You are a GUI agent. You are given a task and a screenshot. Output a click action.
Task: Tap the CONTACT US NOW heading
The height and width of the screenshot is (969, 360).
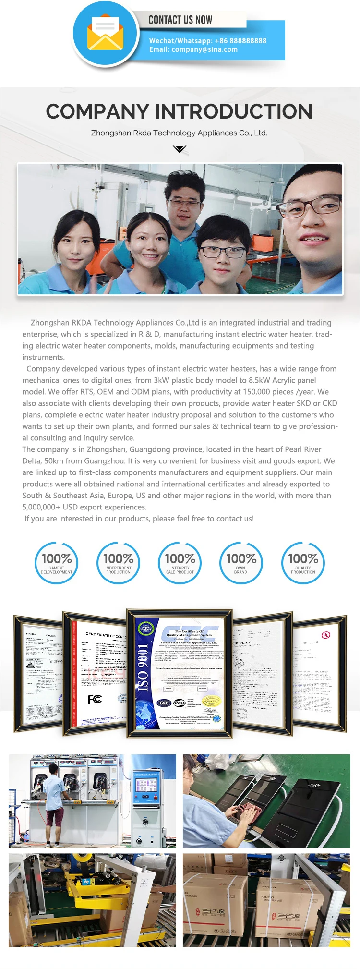(180, 20)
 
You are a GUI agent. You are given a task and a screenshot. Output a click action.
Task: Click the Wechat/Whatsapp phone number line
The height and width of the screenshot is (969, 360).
(207, 41)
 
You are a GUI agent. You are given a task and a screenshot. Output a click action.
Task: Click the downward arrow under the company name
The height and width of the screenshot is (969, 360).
(180, 149)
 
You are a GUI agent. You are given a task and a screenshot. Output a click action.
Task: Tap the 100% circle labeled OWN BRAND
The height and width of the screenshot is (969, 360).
(241, 563)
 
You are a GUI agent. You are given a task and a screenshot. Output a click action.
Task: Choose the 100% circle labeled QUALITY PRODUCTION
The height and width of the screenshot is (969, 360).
(303, 563)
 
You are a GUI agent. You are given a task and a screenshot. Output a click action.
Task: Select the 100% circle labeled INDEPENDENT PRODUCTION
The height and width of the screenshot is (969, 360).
(118, 563)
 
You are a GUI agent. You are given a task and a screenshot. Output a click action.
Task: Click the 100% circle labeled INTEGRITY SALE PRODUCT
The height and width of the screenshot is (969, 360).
(180, 563)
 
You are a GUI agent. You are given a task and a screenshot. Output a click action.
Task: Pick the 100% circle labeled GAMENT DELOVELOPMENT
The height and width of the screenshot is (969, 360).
(57, 563)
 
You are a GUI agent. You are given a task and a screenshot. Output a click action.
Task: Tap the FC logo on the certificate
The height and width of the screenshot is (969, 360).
(95, 699)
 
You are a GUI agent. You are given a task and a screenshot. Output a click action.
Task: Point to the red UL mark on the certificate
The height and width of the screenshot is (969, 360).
(326, 635)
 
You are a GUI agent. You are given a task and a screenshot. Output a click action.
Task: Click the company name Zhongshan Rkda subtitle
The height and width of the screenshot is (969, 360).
(179, 133)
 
